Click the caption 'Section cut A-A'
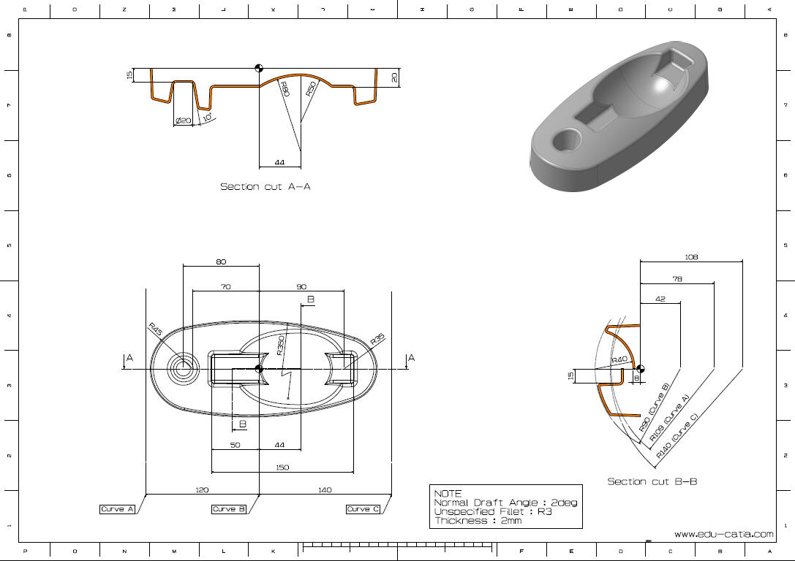click(x=265, y=187)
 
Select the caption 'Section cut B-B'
click(x=652, y=481)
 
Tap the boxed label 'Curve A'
click(x=118, y=509)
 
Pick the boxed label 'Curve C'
click(x=363, y=509)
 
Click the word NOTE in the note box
click(x=448, y=494)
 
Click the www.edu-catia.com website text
click(x=723, y=535)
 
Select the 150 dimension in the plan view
click(x=282, y=467)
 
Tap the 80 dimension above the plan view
click(x=221, y=262)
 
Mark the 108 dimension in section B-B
click(x=691, y=256)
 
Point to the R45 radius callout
click(x=155, y=329)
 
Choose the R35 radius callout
click(x=377, y=340)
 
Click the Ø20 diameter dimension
click(x=183, y=121)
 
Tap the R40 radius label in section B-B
click(x=619, y=360)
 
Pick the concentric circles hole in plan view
click(x=183, y=369)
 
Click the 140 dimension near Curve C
click(x=325, y=490)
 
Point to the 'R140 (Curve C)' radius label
click(x=677, y=436)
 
